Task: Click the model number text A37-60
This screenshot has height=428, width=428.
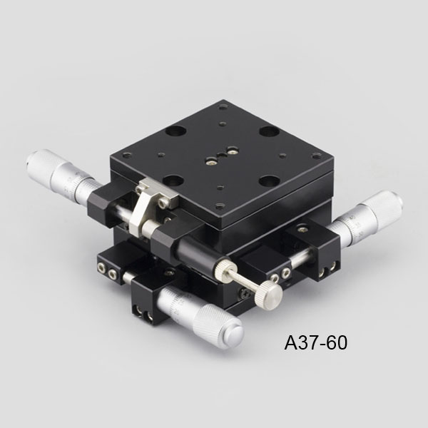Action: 316,343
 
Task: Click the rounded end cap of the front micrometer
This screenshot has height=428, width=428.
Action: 234,335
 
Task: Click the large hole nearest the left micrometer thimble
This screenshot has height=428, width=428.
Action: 175,132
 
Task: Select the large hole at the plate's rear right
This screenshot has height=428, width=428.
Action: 269,132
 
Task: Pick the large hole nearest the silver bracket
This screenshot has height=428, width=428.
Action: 173,180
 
